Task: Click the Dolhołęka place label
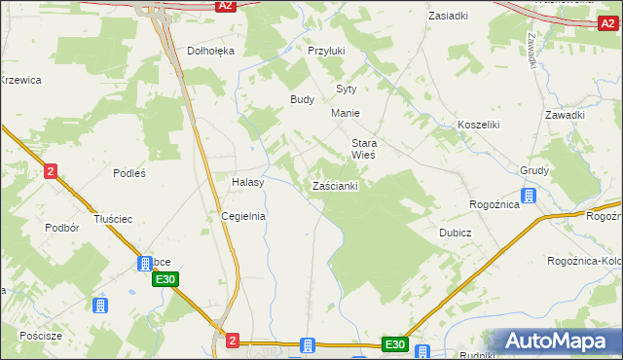(x=211, y=51)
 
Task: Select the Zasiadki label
(x=448, y=16)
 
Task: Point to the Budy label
(x=302, y=99)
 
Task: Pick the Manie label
(x=346, y=113)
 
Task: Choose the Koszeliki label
(x=478, y=125)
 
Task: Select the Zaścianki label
(x=336, y=185)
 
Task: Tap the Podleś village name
(x=128, y=173)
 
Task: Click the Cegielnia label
(x=243, y=216)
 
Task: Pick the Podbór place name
(x=61, y=228)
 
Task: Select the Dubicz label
(x=455, y=233)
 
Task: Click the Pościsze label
(x=41, y=335)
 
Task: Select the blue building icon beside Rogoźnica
(x=529, y=197)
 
